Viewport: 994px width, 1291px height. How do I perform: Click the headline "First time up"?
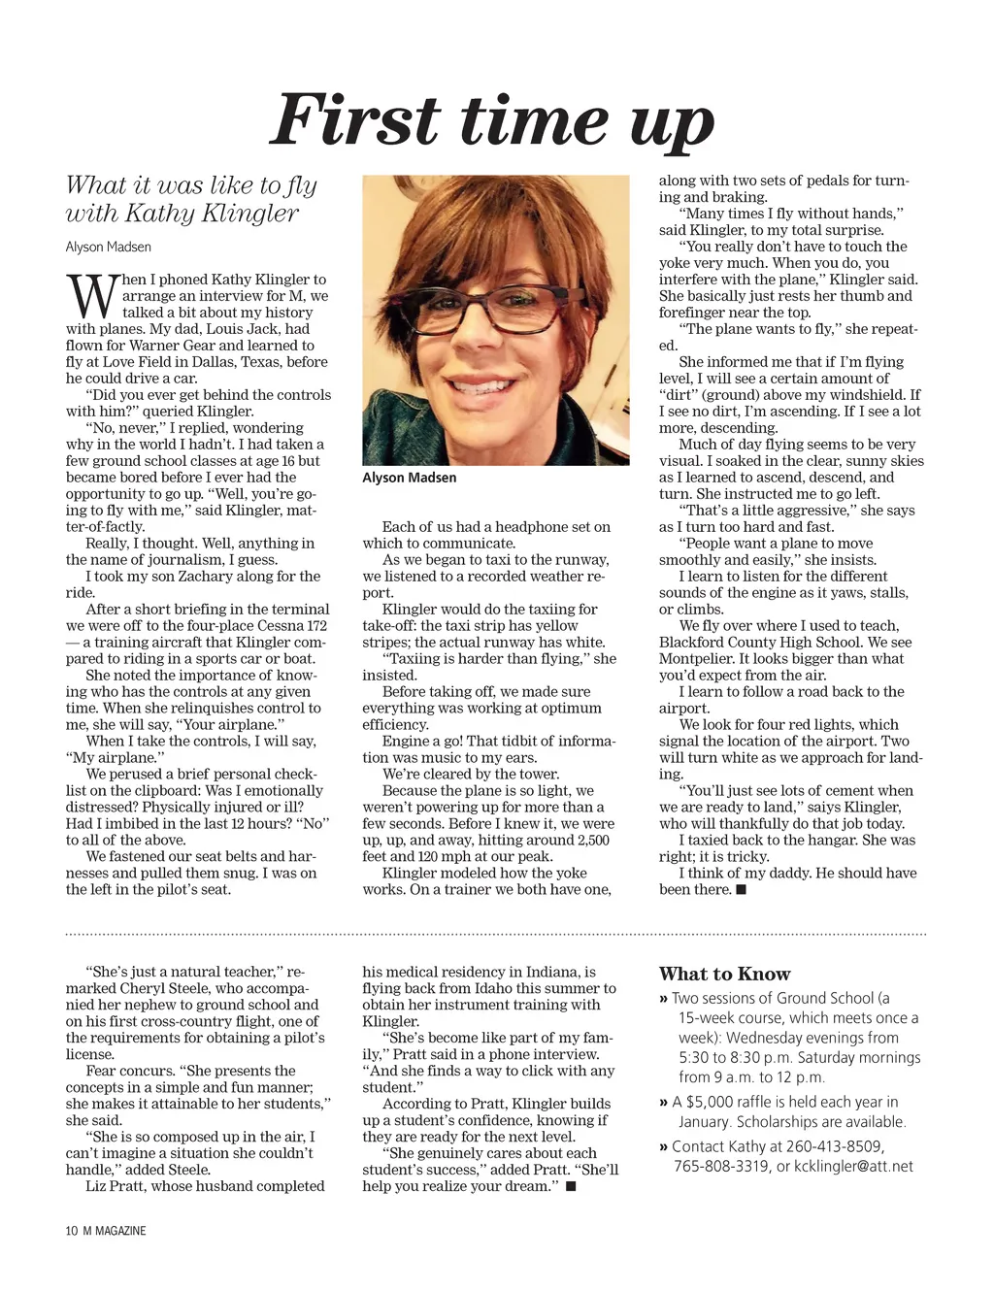492,121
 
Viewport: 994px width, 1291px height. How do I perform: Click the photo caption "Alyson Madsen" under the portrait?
409,478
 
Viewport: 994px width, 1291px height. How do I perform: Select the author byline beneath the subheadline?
108,247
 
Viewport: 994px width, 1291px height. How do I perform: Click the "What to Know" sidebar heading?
724,974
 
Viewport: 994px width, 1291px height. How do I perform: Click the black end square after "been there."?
742,889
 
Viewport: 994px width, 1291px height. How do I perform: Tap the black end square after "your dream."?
571,1186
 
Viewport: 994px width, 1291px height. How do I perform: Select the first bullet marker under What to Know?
663,998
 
